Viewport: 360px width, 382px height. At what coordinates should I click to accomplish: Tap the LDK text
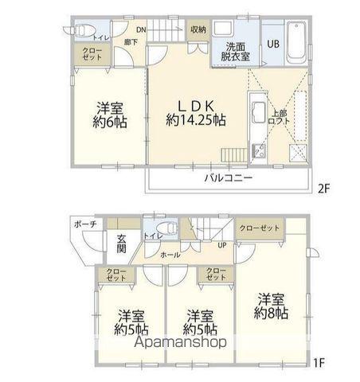click(x=196, y=106)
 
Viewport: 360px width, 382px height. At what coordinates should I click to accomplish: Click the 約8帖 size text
click(x=272, y=313)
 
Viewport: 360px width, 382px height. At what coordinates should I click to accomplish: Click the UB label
click(x=272, y=45)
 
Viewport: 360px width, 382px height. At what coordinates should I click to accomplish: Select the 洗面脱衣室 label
click(x=237, y=50)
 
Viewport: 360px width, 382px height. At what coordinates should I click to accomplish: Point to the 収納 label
click(x=198, y=29)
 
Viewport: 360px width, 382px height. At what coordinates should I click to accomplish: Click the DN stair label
click(x=140, y=30)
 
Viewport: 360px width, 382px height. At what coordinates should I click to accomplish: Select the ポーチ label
click(x=88, y=224)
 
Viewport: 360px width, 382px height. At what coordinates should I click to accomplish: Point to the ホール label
click(x=169, y=255)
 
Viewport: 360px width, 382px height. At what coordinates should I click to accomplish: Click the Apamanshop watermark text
click(x=182, y=341)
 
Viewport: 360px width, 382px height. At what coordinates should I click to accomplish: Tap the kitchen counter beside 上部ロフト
click(x=258, y=127)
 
